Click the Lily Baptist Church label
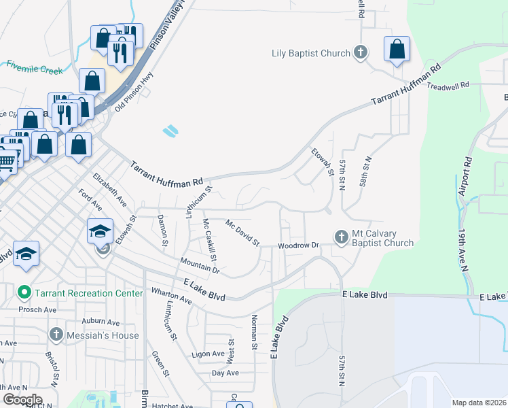pos(310,53)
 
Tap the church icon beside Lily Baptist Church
pos(361,52)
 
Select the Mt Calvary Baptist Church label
pos(382,238)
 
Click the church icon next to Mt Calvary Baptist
pos(341,237)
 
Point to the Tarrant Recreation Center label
pos(89,293)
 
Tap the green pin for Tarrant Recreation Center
pos(24,293)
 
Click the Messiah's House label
pos(103,335)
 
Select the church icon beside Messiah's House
pos(56,335)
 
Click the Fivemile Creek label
pos(34,69)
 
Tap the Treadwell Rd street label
pos(448,86)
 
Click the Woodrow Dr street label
pos(298,245)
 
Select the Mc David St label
pos(243,233)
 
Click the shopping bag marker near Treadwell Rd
pos(397,49)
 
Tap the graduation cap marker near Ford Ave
pos(100,231)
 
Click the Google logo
pos(22,400)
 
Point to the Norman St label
pos(254,333)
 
